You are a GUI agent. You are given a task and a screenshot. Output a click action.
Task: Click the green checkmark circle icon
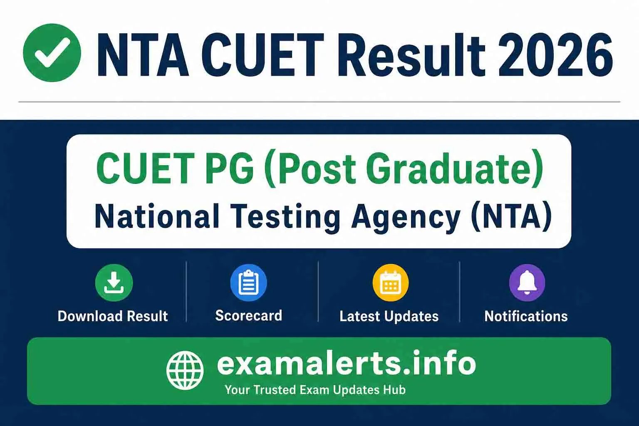[52, 53]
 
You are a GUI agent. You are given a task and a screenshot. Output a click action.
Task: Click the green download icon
[114, 283]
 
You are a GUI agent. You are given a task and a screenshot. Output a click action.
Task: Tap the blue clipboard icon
[248, 283]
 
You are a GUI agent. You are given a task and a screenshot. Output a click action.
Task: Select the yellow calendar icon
[390, 283]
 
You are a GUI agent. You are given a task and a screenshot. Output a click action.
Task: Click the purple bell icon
[527, 283]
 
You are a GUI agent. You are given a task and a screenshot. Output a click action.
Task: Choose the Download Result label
[113, 316]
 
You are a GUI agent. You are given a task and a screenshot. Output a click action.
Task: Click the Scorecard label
[248, 315]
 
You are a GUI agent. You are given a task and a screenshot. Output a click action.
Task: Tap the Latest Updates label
[389, 316]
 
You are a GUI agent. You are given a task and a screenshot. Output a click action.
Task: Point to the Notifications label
[526, 316]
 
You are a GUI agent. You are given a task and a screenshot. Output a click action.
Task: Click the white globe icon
[185, 370]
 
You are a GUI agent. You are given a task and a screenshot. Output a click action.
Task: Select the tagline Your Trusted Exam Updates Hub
[315, 390]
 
